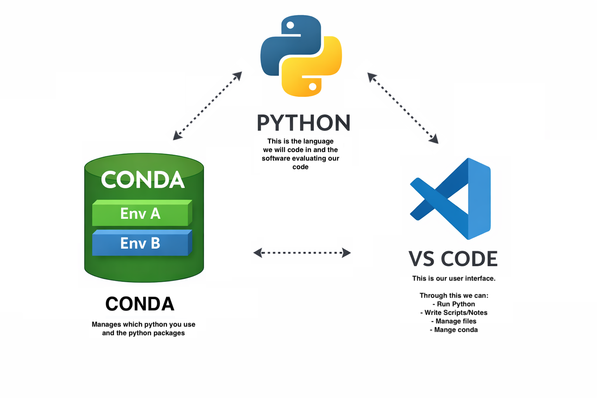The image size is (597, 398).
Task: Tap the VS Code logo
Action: click(x=451, y=199)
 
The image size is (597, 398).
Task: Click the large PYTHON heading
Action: click(x=304, y=123)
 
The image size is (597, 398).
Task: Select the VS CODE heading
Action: click(x=453, y=259)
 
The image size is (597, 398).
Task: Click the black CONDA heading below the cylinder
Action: click(x=140, y=304)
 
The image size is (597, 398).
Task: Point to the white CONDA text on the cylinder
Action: click(x=143, y=180)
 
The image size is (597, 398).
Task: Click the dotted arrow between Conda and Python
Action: click(x=208, y=106)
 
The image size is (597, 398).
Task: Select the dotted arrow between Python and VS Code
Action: click(x=403, y=108)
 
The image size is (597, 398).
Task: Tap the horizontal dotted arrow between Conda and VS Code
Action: click(x=302, y=253)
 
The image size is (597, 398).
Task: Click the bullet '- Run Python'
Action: click(x=454, y=304)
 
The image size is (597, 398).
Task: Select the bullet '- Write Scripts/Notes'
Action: click(x=454, y=312)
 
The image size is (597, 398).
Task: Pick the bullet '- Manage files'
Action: click(x=454, y=321)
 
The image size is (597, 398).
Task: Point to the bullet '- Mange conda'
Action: click(x=454, y=330)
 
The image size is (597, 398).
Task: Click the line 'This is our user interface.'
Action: click(x=454, y=278)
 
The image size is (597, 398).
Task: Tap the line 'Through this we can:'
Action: click(x=454, y=295)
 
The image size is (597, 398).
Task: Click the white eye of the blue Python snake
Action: click(x=290, y=25)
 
